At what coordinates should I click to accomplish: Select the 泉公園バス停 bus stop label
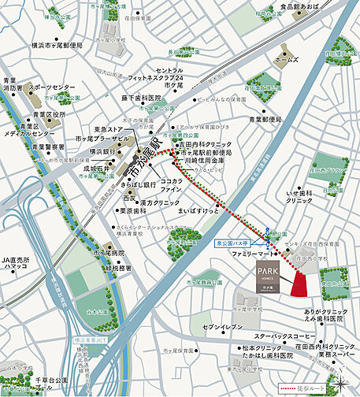click(234, 244)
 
